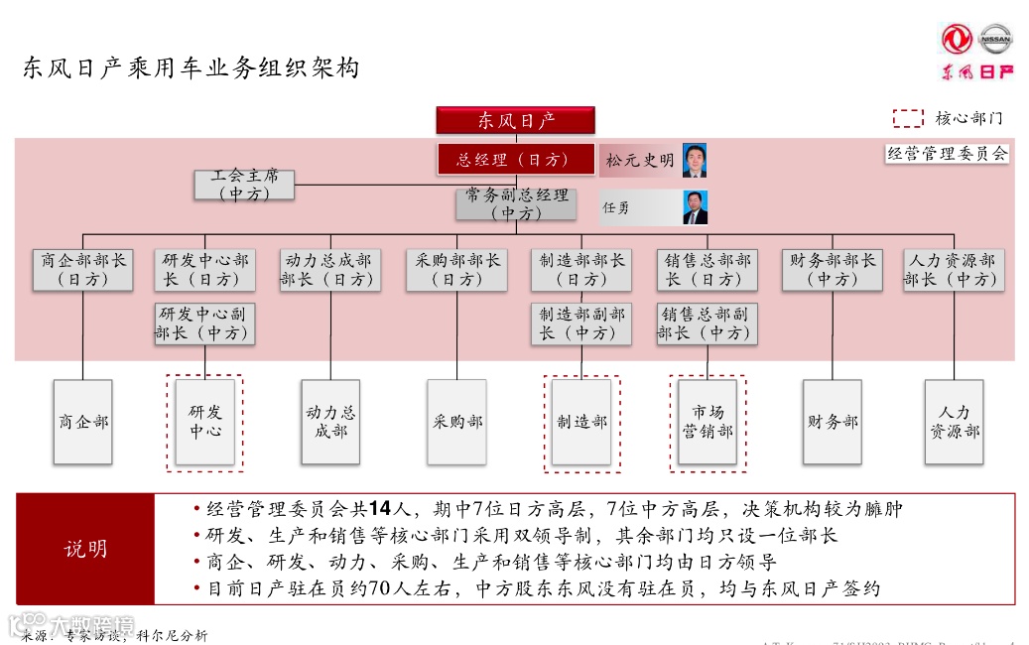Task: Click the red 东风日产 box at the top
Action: point(515,120)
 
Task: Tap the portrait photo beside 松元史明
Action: point(695,159)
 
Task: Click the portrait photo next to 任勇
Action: point(695,206)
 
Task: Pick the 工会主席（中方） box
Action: point(244,185)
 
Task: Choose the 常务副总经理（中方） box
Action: point(515,204)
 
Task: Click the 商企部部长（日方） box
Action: point(82,269)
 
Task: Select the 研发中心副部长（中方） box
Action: point(204,323)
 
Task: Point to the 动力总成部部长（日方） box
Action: point(329,269)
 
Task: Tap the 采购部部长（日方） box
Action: point(456,269)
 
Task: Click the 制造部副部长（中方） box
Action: point(581,323)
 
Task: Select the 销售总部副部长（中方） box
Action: point(707,323)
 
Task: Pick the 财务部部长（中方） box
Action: point(832,269)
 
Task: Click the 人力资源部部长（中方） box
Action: point(953,269)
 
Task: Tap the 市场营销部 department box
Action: point(707,422)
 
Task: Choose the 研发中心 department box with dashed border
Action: point(205,422)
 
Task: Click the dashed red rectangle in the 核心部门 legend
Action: point(908,118)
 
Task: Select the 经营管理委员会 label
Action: point(947,154)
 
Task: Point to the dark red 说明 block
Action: point(85,549)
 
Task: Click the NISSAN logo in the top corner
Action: point(995,40)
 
